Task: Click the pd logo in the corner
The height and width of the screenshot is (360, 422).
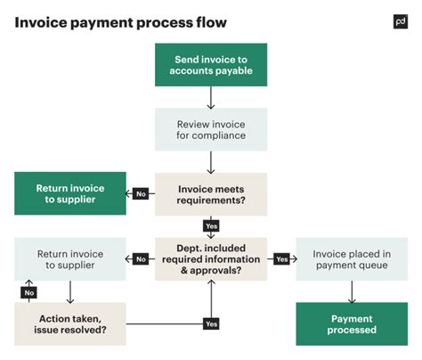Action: point(400,21)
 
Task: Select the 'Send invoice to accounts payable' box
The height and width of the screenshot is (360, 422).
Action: point(211,64)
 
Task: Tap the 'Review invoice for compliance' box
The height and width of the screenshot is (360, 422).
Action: point(211,129)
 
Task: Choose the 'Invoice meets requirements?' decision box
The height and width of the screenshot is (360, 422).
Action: point(211,194)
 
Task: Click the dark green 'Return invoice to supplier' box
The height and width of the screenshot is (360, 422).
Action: point(69,194)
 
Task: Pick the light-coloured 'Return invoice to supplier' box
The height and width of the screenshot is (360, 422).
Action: point(69,259)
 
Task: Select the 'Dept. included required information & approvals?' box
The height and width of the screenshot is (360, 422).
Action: point(211,259)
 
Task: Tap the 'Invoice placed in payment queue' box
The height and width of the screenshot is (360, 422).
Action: point(352,259)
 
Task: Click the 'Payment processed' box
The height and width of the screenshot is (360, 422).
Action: point(352,324)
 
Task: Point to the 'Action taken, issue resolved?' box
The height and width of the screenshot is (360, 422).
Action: point(69,324)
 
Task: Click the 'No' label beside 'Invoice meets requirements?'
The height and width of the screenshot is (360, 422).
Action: point(141,194)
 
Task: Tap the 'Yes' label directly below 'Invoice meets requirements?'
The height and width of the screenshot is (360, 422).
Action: point(211,226)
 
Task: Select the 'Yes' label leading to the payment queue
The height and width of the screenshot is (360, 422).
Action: point(282,259)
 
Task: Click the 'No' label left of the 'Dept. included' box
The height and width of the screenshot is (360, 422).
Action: point(141,259)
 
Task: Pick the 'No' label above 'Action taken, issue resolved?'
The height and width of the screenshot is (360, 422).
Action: point(28,291)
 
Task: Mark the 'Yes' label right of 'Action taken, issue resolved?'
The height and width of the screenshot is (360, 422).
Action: point(211,324)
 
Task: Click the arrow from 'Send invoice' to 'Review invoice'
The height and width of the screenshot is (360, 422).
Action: point(211,97)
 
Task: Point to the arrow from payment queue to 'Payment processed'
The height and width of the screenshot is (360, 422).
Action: point(352,291)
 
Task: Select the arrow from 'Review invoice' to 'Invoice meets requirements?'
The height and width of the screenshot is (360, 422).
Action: point(211,162)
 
